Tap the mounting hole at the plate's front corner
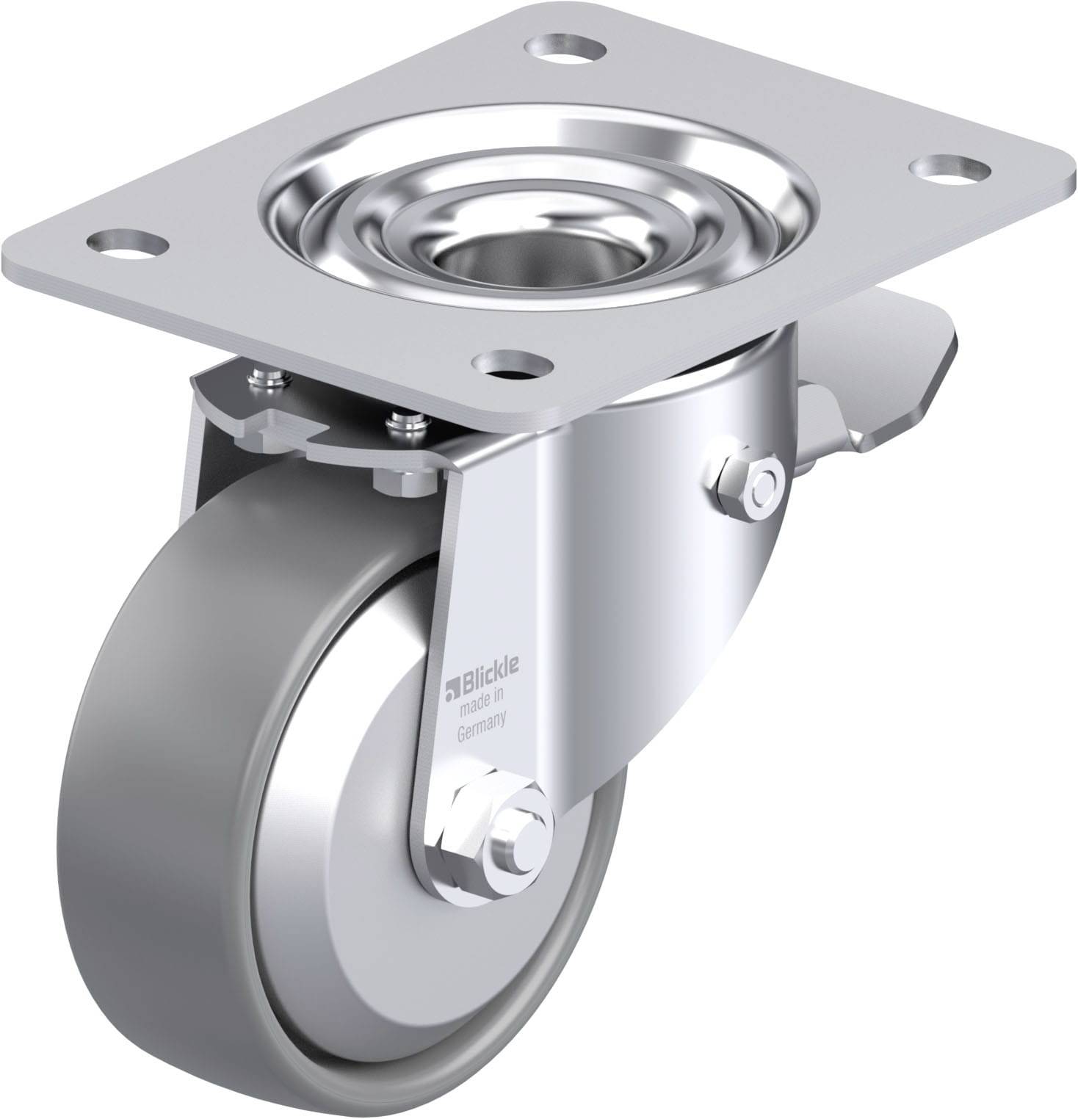[513, 363]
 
